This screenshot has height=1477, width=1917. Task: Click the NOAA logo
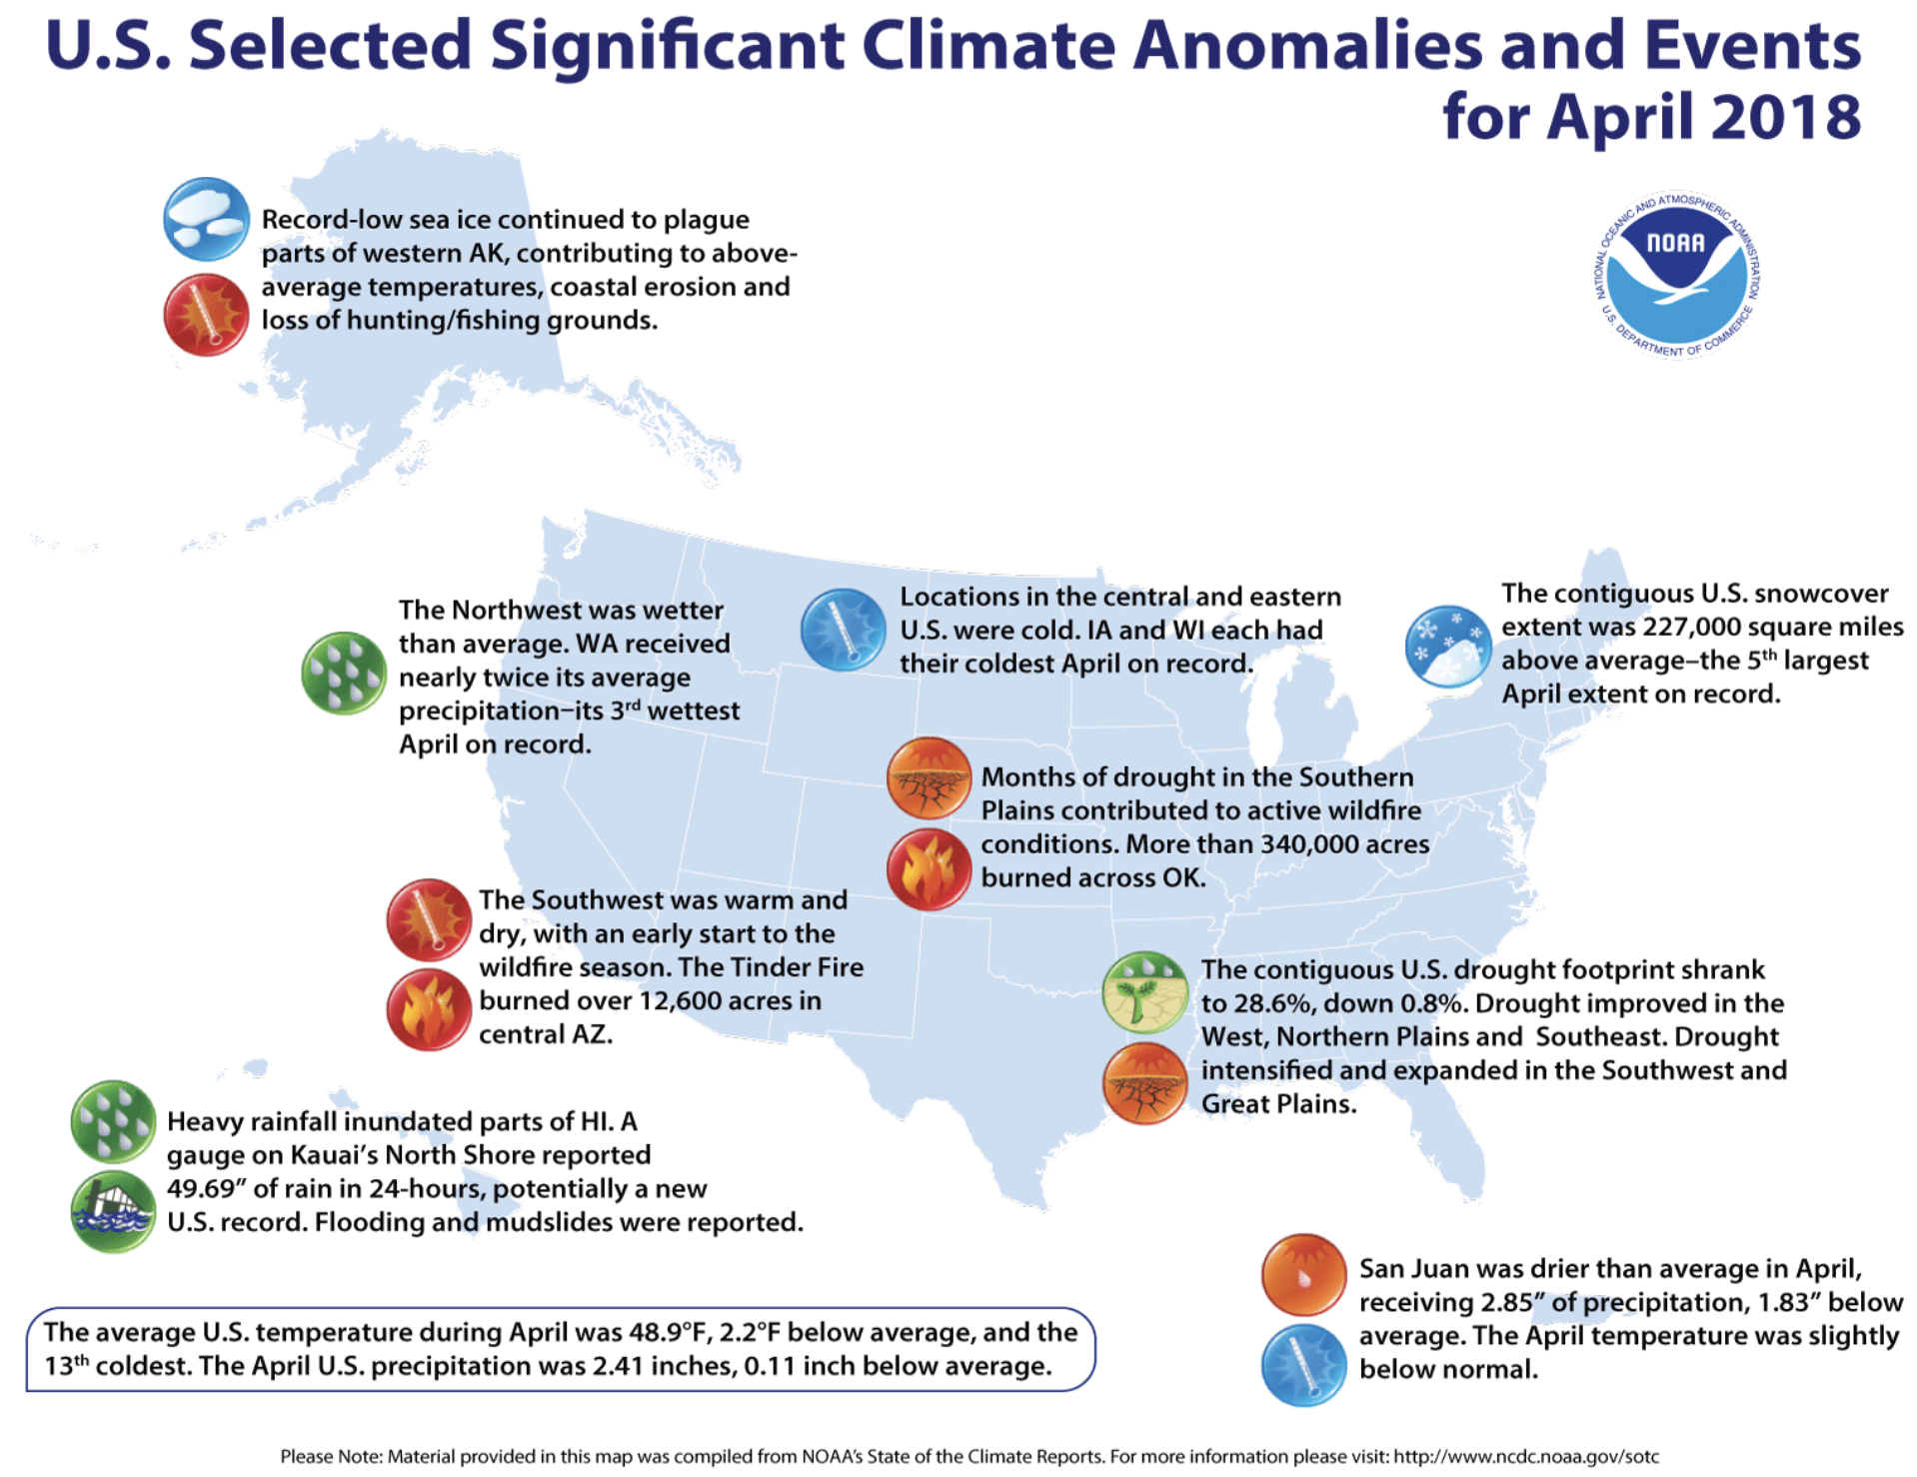1676,275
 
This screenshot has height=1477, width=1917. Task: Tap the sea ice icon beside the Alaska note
206,220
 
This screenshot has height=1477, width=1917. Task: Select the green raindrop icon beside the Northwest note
344,673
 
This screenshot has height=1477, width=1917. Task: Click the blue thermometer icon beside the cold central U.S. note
843,630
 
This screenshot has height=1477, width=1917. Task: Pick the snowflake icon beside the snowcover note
1447,647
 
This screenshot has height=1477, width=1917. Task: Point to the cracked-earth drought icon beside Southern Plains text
929,778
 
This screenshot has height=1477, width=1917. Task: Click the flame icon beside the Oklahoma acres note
929,868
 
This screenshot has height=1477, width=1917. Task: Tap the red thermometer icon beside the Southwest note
429,919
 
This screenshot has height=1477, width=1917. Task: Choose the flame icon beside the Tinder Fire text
429,1009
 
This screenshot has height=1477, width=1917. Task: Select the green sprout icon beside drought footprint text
1144,992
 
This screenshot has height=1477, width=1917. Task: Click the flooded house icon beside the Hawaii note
113,1211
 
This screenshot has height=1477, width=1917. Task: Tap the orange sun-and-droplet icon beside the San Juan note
1303,1275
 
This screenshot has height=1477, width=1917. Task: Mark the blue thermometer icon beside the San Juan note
1303,1365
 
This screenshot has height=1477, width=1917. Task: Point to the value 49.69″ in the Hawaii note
208,1189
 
